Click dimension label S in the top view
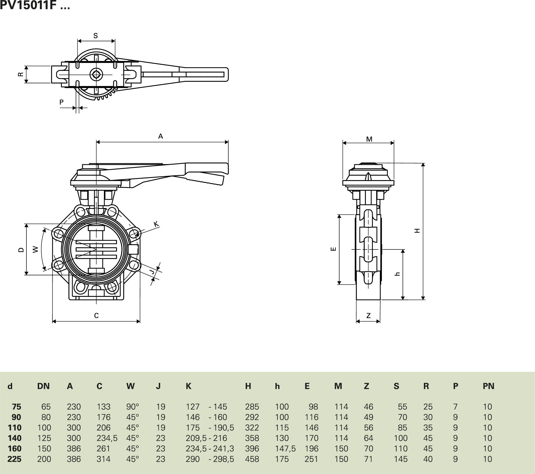[x=96, y=36]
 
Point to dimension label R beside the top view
[x=20, y=74]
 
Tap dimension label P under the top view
[x=62, y=102]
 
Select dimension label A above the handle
[x=160, y=136]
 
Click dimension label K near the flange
[x=156, y=224]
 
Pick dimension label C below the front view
[x=96, y=315]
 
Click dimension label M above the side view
[x=369, y=139]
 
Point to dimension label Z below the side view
[x=368, y=315]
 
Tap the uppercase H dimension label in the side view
[x=417, y=231]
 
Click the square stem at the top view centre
[x=96, y=75]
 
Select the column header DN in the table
[x=44, y=386]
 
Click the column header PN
[x=488, y=386]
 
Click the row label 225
[x=14, y=459]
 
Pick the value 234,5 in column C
[x=107, y=438]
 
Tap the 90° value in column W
[x=133, y=407]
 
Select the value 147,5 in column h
[x=285, y=449]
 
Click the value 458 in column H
[x=252, y=459]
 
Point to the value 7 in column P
[x=455, y=407]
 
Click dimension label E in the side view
[x=334, y=249]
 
